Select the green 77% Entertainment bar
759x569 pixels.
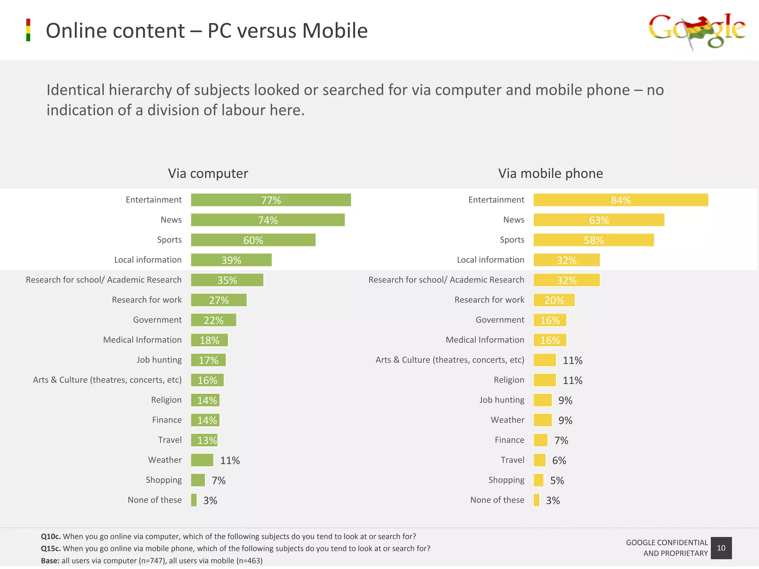[x=271, y=200]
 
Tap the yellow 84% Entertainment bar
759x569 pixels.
[x=620, y=200]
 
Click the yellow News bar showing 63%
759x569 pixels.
[x=599, y=220]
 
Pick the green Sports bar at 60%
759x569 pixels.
[x=253, y=240]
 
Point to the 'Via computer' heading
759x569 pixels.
[x=208, y=173]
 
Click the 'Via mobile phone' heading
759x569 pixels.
[x=550, y=173]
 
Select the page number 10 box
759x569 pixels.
[x=721, y=548]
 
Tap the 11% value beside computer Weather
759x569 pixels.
[x=230, y=460]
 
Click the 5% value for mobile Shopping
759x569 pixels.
[x=557, y=480]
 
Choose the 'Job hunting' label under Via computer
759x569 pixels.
[x=159, y=360]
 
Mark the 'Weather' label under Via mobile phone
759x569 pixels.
[x=507, y=420]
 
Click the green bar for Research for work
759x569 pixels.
[x=219, y=300]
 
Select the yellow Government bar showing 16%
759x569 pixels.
[x=550, y=320]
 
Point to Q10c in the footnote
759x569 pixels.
[x=50, y=536]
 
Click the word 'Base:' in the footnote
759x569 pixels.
[x=50, y=561]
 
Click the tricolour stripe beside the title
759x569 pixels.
[x=28, y=30]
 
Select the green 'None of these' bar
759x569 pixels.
[x=194, y=500]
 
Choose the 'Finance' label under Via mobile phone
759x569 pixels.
[x=509, y=440]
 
